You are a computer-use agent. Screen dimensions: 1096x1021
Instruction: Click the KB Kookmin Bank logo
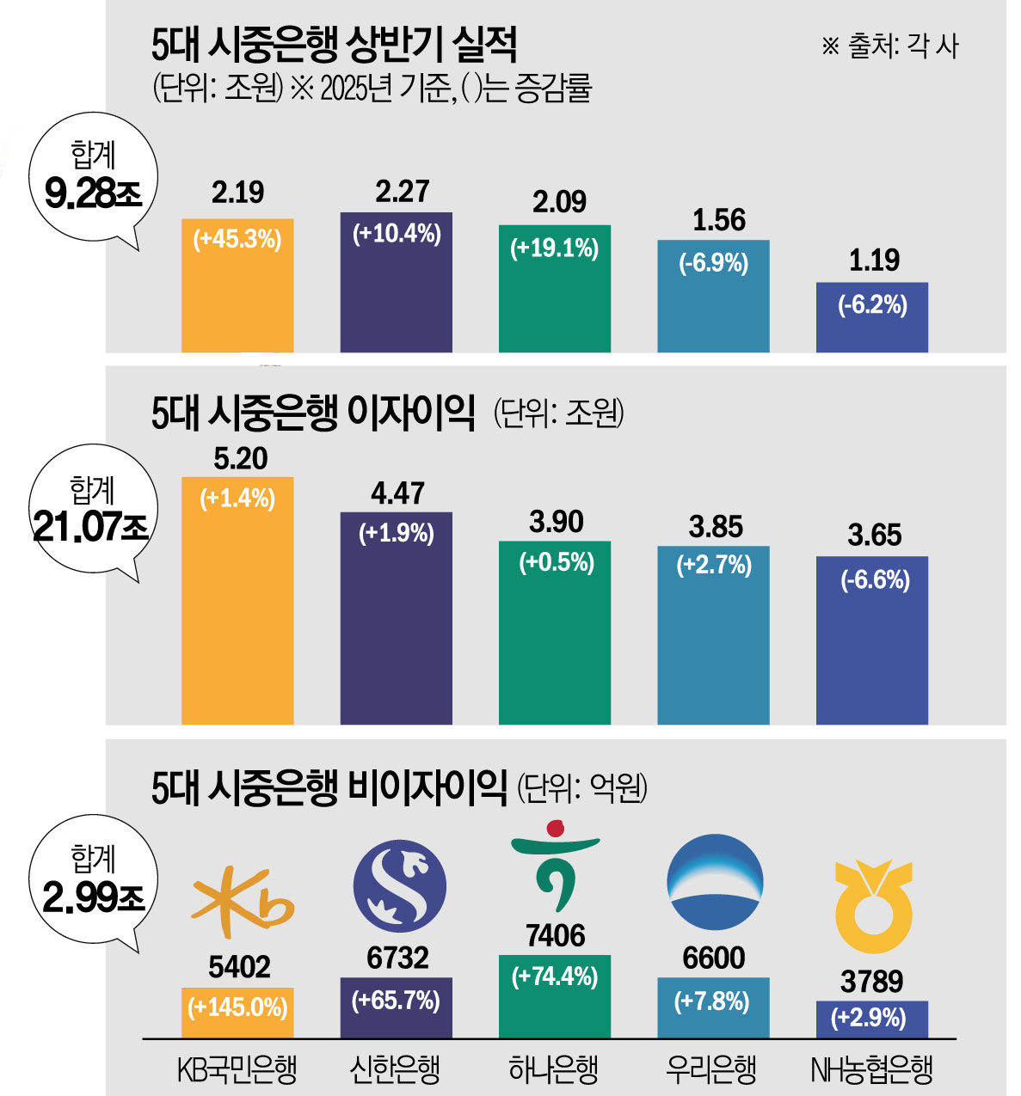click(240, 902)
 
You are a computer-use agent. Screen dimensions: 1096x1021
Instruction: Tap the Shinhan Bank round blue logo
click(399, 886)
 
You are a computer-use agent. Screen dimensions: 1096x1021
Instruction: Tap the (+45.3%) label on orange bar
click(237, 239)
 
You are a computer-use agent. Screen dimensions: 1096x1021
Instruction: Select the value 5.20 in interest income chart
click(240, 459)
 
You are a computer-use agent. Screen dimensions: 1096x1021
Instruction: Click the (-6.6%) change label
click(875, 580)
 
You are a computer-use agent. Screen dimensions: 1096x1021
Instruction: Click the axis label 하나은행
click(553, 1070)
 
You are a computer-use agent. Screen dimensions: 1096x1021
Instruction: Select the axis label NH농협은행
click(871, 1070)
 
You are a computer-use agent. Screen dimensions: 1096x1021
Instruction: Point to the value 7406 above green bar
click(556, 935)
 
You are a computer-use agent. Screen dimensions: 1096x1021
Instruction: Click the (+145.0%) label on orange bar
click(237, 1007)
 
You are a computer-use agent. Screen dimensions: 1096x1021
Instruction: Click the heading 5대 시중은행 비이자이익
click(328, 786)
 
